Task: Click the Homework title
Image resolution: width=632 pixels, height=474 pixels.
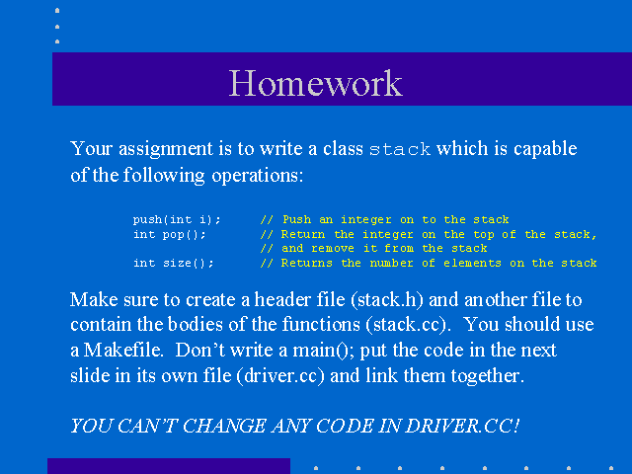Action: (316, 83)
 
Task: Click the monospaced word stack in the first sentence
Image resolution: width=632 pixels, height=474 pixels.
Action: (400, 149)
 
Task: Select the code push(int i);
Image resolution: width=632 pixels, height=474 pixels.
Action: (177, 219)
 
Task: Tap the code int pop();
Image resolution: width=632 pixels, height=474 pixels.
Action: (170, 234)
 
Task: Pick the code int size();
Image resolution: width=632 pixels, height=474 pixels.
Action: (174, 264)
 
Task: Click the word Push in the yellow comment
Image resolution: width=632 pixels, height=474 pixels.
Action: (296, 219)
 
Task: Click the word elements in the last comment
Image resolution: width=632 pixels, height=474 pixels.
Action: (472, 264)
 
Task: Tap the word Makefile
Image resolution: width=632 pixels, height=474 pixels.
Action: (122, 350)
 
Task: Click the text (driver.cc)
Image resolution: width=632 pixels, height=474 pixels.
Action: (280, 375)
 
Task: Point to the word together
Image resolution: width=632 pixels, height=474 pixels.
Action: (487, 376)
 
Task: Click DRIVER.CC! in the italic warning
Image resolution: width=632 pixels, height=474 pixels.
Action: (462, 426)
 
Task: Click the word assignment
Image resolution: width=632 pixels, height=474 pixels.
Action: (166, 149)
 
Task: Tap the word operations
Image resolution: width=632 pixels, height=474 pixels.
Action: (257, 176)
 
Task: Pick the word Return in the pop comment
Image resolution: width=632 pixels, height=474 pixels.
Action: (303, 234)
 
